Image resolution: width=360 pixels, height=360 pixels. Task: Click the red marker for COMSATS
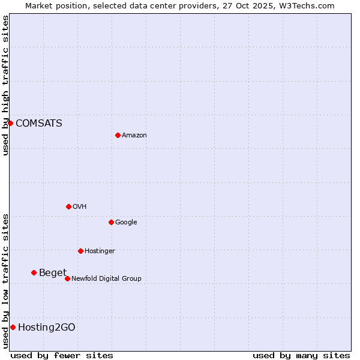pos(10,123)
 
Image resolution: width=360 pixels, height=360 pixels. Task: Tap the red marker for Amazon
pos(118,135)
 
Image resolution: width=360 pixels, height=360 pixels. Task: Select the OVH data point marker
pos(68,206)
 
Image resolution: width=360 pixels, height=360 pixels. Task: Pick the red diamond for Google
pos(111,222)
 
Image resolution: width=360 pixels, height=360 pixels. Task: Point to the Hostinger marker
pos(80,251)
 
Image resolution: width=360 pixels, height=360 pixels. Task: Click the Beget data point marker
pos(34,273)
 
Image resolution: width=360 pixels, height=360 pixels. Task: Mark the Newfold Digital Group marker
pos(67,278)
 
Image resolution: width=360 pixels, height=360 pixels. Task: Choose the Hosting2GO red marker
pos(13,327)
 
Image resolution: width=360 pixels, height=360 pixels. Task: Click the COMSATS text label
pos(39,123)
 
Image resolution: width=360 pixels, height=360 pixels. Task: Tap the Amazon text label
pos(134,136)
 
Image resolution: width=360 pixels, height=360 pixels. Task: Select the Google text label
pos(126,223)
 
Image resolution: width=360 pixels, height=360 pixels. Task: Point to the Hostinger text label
pos(100,251)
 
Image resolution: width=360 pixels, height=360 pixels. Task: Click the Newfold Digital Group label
pos(106,278)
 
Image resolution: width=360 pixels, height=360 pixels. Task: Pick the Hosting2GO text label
pos(47,327)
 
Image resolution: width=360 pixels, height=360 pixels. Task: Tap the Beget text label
pos(53,273)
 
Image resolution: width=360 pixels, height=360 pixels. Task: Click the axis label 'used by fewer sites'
pos(62,355)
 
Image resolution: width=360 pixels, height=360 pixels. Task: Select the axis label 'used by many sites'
pos(301,355)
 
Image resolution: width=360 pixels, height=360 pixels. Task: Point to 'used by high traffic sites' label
pos(5,85)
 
